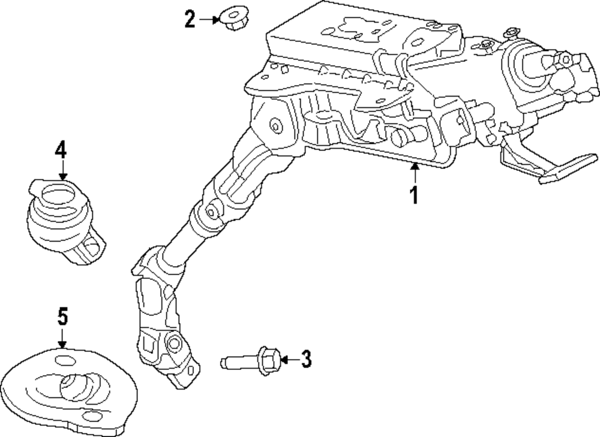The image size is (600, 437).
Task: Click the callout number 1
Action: (413, 194)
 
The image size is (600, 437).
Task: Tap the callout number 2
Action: (190, 20)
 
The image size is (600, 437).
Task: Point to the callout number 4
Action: (61, 149)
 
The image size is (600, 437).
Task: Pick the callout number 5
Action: (62, 317)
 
